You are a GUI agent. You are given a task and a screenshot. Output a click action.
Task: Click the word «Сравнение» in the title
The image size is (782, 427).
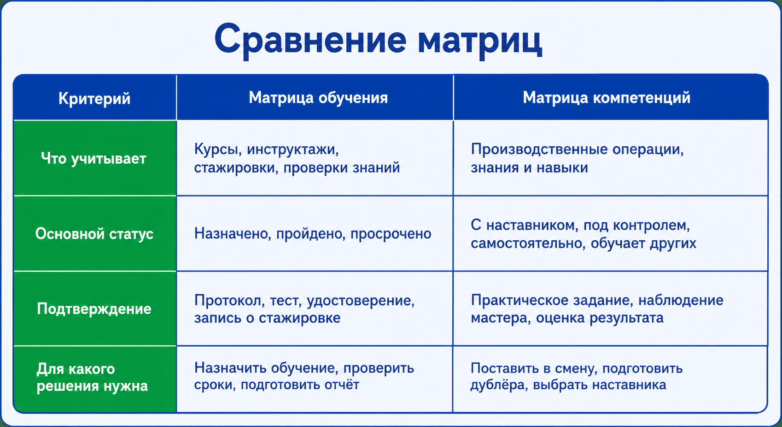310,40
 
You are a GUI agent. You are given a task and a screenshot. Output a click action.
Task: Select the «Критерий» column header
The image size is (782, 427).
94,99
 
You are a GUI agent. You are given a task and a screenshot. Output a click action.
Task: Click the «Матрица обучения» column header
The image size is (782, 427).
318,97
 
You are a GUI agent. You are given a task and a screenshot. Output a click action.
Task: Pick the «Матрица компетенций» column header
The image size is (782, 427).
607,97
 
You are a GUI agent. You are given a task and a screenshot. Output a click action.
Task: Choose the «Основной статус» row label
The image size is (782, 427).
94,233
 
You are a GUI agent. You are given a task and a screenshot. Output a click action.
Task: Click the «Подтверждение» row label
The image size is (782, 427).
94,309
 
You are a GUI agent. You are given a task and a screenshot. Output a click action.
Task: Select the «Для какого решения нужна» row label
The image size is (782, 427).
93,378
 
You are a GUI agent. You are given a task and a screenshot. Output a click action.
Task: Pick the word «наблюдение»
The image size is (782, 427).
681,300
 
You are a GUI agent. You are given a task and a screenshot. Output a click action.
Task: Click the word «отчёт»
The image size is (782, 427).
342,385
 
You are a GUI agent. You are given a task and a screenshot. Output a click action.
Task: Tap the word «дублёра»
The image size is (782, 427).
498,385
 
